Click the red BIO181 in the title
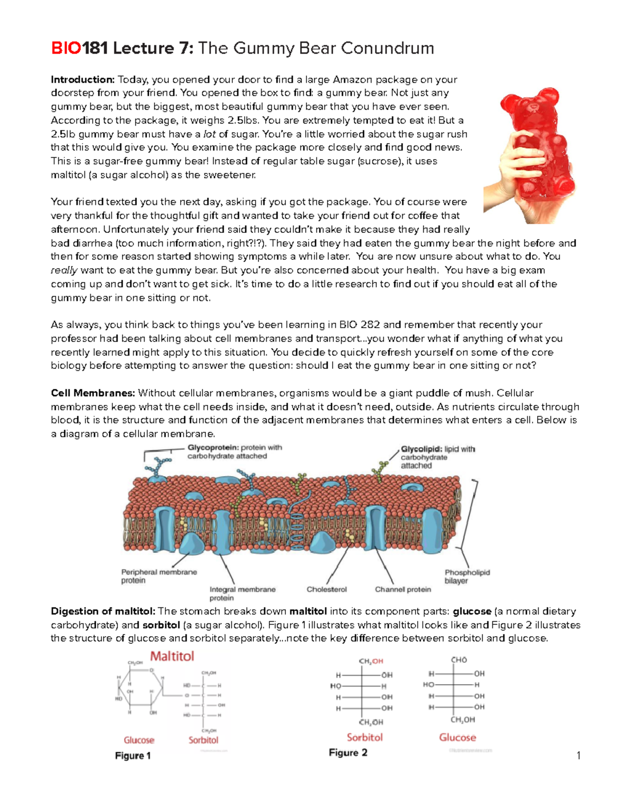click(79, 48)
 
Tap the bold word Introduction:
click(82, 80)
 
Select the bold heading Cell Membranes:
click(93, 393)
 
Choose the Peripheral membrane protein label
click(159, 576)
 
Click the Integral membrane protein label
click(242, 593)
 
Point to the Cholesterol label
click(327, 589)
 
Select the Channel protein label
click(403, 589)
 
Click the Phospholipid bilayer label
click(467, 576)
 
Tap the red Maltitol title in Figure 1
click(172, 656)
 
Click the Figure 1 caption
click(133, 756)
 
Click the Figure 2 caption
click(348, 753)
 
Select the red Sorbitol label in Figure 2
click(365, 737)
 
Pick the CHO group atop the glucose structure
click(458, 660)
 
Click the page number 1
click(578, 756)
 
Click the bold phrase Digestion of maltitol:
click(103, 611)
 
